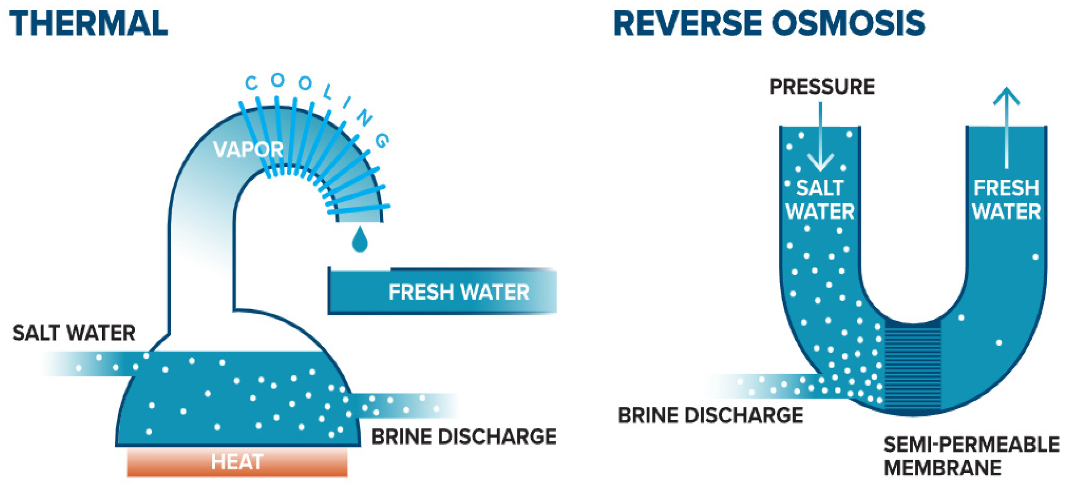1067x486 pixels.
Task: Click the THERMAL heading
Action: (88, 24)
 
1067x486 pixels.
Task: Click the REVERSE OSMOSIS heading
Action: (769, 24)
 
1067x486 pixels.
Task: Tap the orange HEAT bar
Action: (237, 462)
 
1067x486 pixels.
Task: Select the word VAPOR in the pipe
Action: (248, 149)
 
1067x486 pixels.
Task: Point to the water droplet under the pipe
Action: (359, 241)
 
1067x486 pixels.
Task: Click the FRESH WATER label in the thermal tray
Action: (458, 292)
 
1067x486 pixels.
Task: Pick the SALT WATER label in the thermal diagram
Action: (74, 333)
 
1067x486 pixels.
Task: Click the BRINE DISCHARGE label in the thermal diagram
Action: (464, 437)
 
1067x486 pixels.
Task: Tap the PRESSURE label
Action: (822, 87)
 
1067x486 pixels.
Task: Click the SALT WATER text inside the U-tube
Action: (820, 200)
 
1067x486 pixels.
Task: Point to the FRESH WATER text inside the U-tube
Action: (1006, 200)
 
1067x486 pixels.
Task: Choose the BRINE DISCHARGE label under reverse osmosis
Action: (710, 415)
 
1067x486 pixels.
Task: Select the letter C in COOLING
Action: (251, 83)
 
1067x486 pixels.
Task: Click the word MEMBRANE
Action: (942, 468)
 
